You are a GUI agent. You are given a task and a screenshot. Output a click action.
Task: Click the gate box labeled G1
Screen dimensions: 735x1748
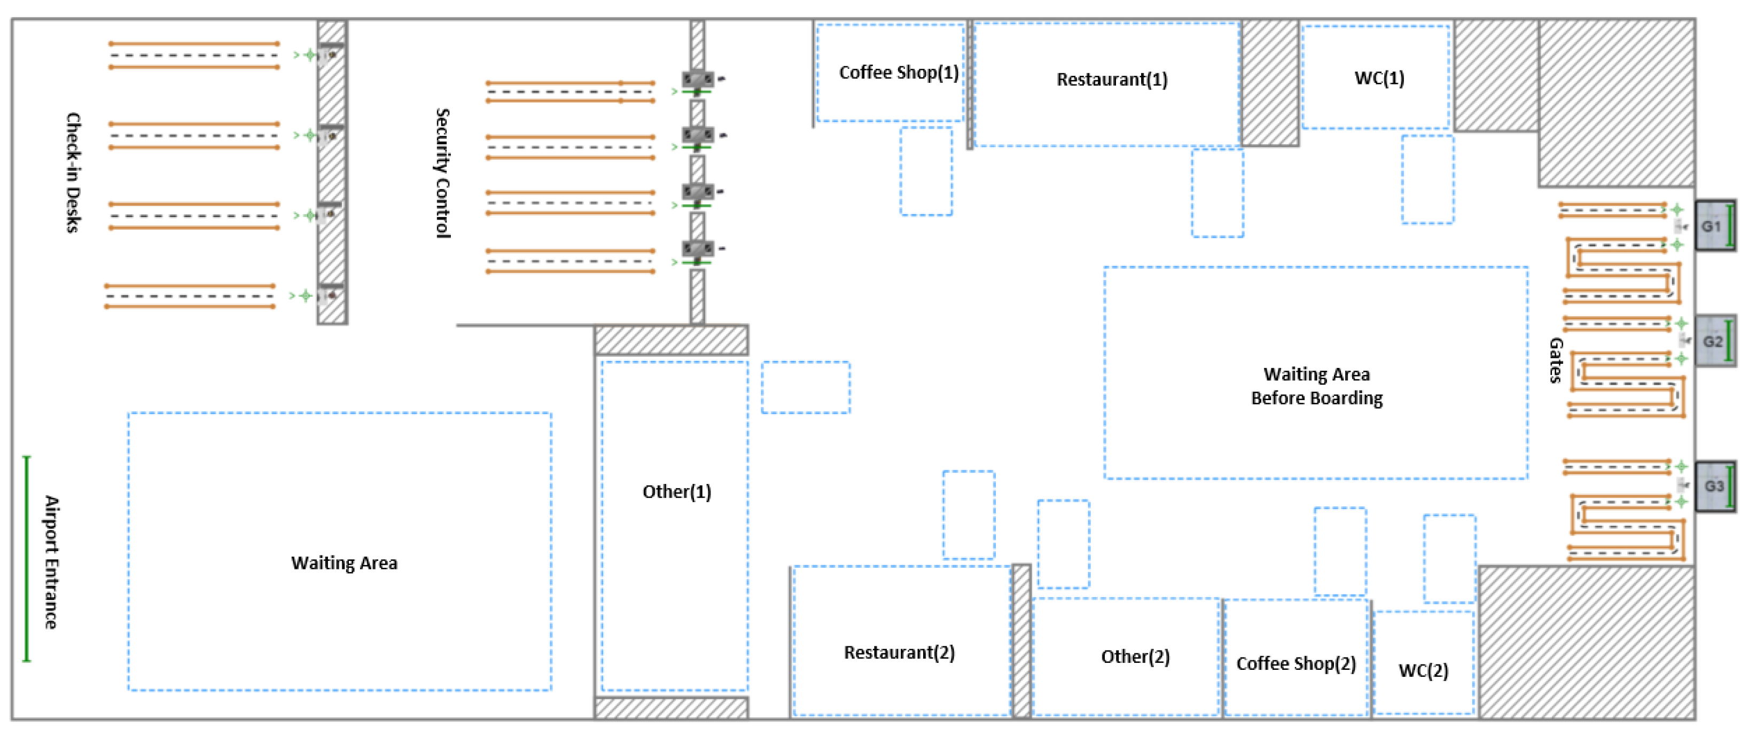click(1713, 226)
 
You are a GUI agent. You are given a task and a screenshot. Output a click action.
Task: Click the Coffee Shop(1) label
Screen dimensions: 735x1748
click(899, 73)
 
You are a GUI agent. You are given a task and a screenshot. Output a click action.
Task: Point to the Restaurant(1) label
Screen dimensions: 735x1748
click(1112, 80)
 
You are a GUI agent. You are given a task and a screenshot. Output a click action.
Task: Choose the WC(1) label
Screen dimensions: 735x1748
click(1379, 78)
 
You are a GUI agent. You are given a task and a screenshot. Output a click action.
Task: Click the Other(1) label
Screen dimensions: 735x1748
click(676, 491)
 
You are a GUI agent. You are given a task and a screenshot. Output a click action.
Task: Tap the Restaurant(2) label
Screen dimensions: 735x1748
click(899, 652)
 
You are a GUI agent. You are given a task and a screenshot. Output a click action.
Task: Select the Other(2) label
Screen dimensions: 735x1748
click(1135, 656)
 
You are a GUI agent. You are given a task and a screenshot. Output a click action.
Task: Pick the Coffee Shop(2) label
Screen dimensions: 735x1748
click(1296, 663)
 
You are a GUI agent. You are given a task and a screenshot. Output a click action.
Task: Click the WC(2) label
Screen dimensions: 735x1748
click(1423, 670)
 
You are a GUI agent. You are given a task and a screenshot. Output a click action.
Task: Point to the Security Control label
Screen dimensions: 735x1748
click(442, 173)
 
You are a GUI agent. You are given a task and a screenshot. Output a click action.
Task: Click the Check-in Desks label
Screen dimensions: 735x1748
click(73, 173)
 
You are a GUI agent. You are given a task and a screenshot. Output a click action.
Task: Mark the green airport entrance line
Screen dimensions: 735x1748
click(27, 558)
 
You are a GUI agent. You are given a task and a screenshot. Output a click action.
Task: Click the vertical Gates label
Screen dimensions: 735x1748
click(1555, 361)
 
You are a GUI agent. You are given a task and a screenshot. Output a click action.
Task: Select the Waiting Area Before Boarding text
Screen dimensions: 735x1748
click(1316, 386)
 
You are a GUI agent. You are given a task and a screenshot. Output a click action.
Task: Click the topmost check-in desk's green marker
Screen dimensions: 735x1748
click(310, 55)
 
